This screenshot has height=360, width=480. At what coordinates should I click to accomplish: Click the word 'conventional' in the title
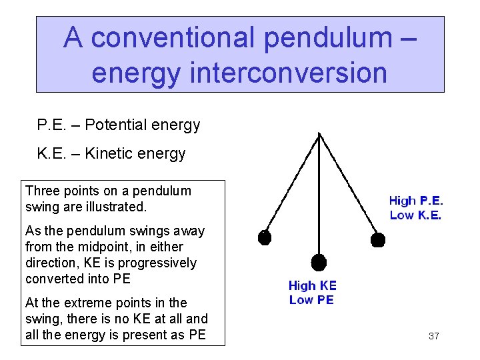coord(173,39)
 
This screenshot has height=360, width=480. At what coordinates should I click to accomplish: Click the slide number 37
coord(433,336)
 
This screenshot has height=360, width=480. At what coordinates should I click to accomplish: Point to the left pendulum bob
coord(265,237)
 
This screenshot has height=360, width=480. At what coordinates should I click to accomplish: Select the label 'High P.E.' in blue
coord(415,200)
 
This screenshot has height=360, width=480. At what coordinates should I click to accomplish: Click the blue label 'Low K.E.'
coord(415,215)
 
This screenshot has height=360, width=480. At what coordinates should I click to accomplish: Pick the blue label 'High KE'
coord(312,285)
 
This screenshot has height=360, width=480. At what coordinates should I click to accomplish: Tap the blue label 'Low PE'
coord(311,300)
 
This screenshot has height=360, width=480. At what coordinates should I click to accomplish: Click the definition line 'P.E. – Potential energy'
coord(119,125)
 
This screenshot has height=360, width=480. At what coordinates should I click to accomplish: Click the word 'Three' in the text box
coord(42,191)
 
